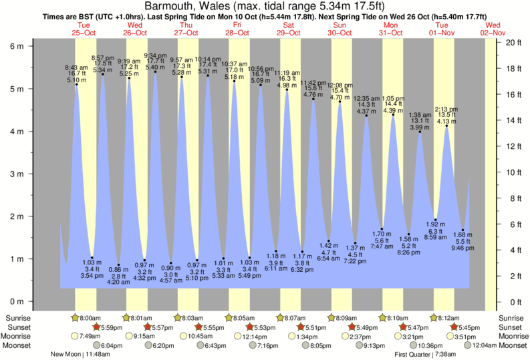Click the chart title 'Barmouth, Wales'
pyautogui.click(x=188, y=5)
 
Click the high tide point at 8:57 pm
pyautogui.click(x=103, y=74)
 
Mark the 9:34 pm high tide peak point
pyautogui.click(x=155, y=71)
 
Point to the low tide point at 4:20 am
pyautogui.click(x=118, y=265)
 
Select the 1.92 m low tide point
pyautogui.click(x=435, y=220)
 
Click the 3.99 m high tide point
pyautogui.click(x=420, y=132)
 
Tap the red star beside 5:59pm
pyautogui.click(x=97, y=327)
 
